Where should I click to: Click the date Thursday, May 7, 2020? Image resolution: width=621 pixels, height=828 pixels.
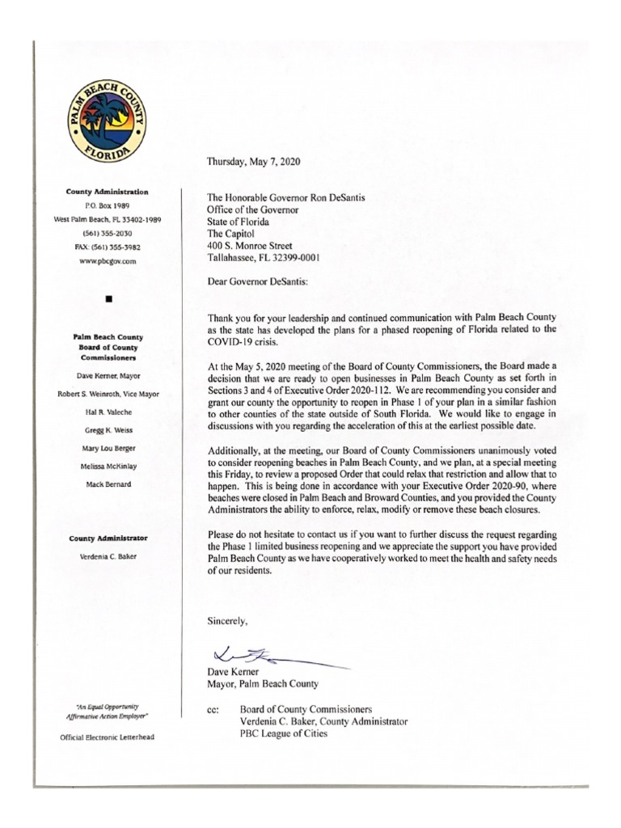point(253,162)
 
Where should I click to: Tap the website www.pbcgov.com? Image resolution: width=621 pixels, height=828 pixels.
point(107,262)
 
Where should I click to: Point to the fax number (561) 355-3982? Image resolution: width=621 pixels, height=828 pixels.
point(107,247)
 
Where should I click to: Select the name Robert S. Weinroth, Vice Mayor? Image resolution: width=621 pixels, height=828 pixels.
point(107,394)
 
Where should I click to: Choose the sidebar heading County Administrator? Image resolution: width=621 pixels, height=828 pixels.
point(107,537)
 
